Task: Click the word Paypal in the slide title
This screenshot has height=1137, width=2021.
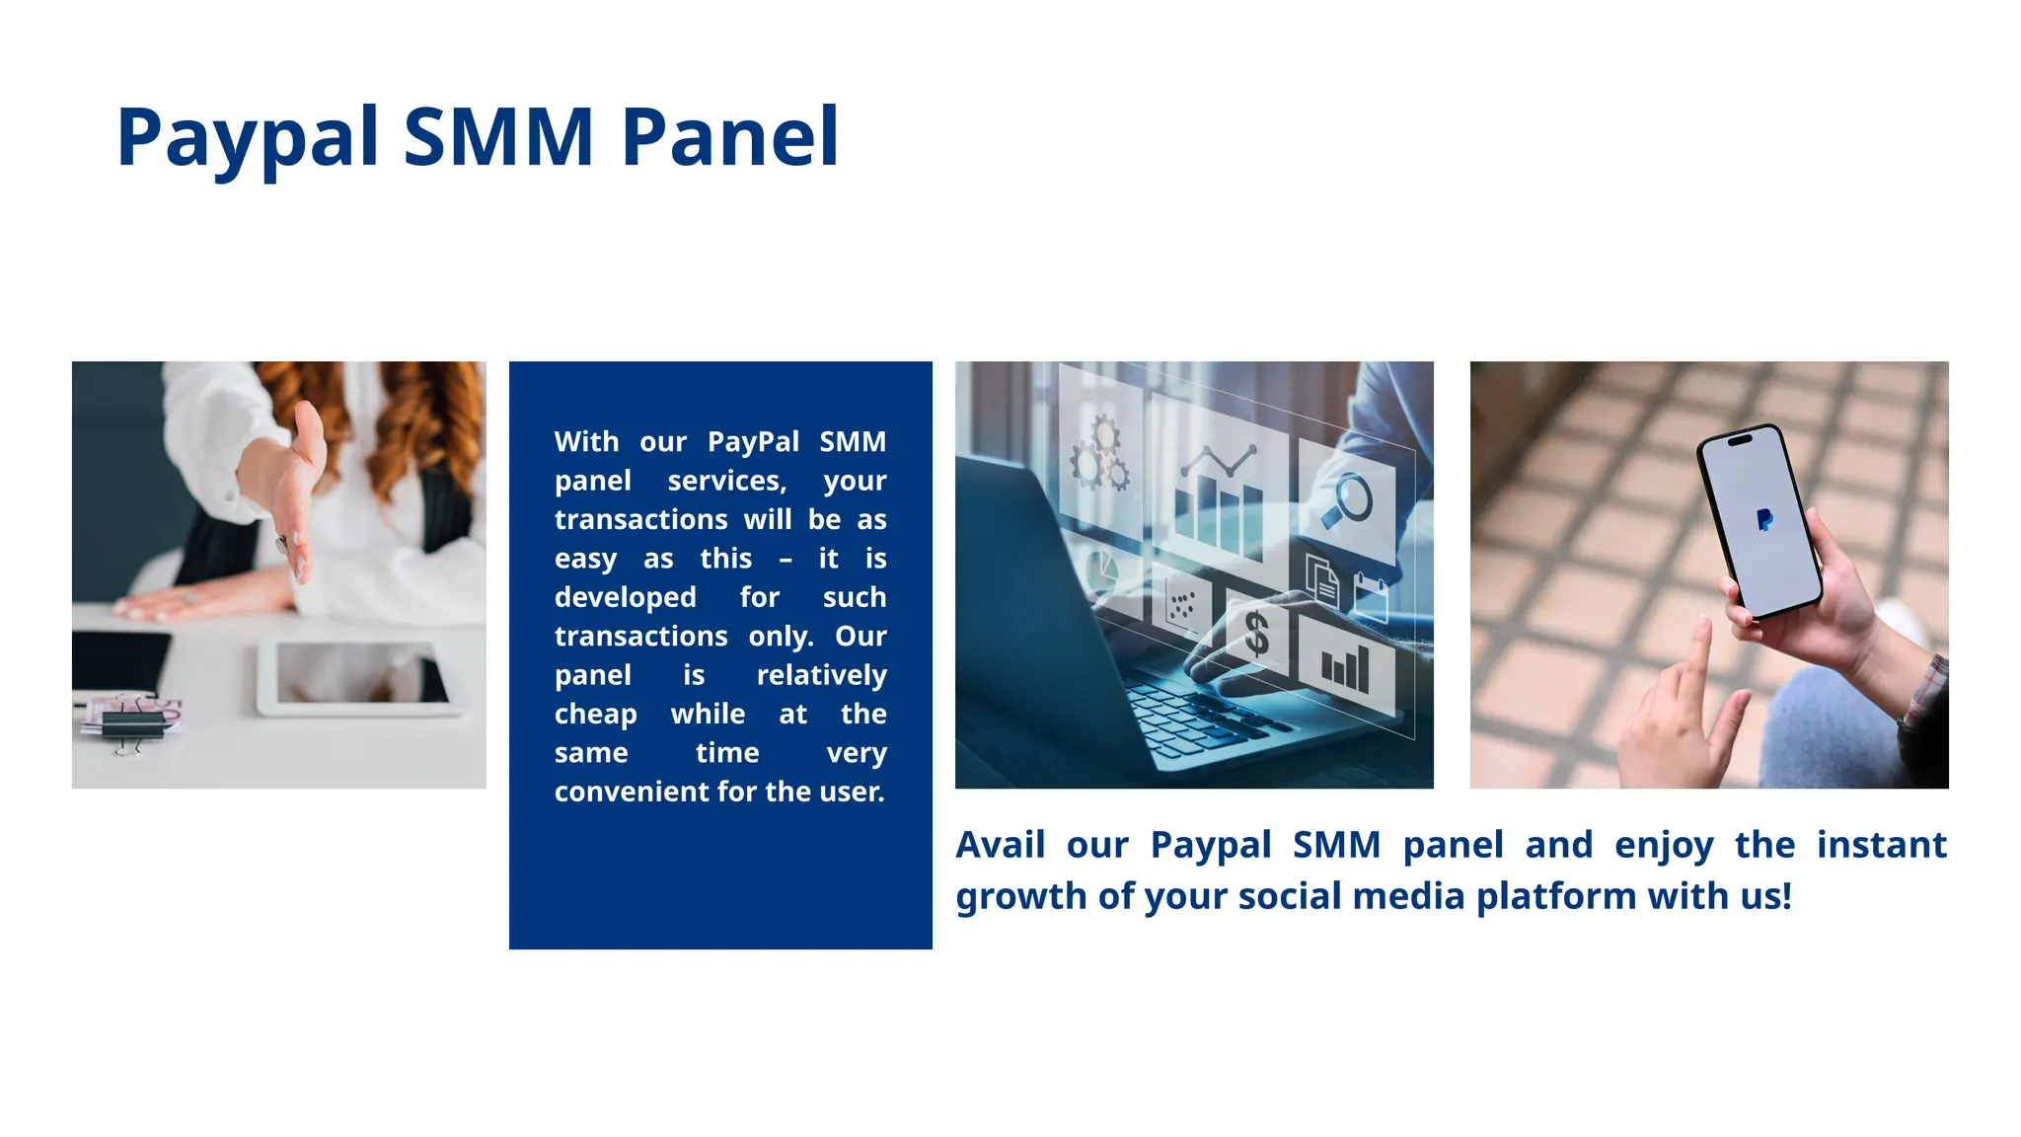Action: click(x=247, y=138)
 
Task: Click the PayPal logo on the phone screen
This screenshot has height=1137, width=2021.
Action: click(x=1764, y=519)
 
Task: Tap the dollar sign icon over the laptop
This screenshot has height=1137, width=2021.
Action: click(x=1256, y=634)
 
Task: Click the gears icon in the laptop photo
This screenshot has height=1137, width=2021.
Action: click(x=1099, y=457)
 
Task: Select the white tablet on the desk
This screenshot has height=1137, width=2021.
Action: click(x=360, y=677)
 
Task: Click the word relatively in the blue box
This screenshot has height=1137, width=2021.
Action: click(x=821, y=675)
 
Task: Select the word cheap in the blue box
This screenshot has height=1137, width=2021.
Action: click(x=595, y=715)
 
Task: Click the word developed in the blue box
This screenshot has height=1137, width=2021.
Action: click(x=625, y=598)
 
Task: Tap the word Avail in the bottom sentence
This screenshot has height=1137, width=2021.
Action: click(x=1000, y=846)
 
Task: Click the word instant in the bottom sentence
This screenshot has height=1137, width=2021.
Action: click(x=1881, y=846)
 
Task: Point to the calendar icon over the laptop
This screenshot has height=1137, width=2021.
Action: click(x=1371, y=598)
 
